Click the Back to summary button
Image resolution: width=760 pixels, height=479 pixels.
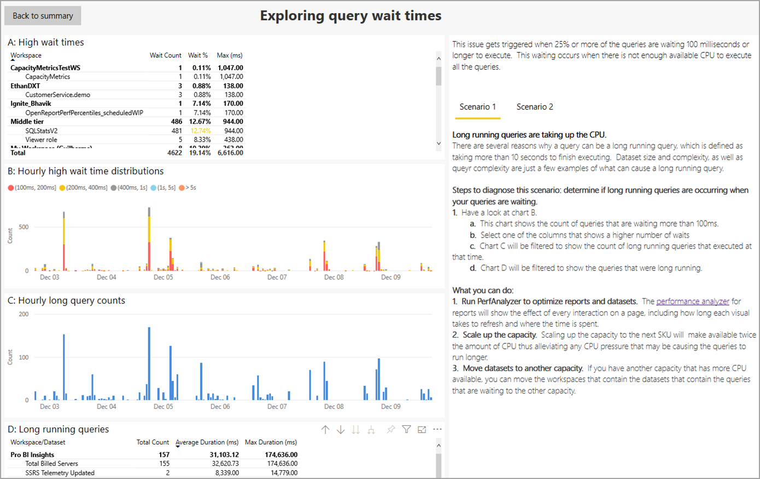(x=43, y=16)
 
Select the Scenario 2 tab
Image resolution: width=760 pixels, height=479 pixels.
(x=534, y=107)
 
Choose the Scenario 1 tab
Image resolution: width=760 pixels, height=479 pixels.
(x=477, y=107)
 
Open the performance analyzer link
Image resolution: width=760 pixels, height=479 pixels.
(x=692, y=302)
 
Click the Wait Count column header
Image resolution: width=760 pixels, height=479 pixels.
(x=165, y=55)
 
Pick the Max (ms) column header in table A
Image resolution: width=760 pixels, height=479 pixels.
(x=229, y=55)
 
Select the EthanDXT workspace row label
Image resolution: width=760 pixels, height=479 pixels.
(x=25, y=86)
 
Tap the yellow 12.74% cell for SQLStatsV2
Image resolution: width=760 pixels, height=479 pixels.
(x=200, y=131)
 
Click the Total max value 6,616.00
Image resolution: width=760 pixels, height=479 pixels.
(x=230, y=153)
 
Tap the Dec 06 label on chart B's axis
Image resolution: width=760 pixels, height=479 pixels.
(x=220, y=278)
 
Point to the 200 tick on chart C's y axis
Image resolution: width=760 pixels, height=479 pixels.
(x=24, y=314)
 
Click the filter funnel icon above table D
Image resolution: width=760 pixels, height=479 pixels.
(x=406, y=430)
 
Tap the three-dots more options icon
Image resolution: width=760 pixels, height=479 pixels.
(x=437, y=430)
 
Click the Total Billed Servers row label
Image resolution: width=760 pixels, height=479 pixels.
(x=51, y=464)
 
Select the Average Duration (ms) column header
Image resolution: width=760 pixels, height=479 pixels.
(x=207, y=442)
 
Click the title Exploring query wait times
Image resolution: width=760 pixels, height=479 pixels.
(x=350, y=16)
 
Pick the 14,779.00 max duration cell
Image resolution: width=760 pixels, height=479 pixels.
(x=284, y=473)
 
